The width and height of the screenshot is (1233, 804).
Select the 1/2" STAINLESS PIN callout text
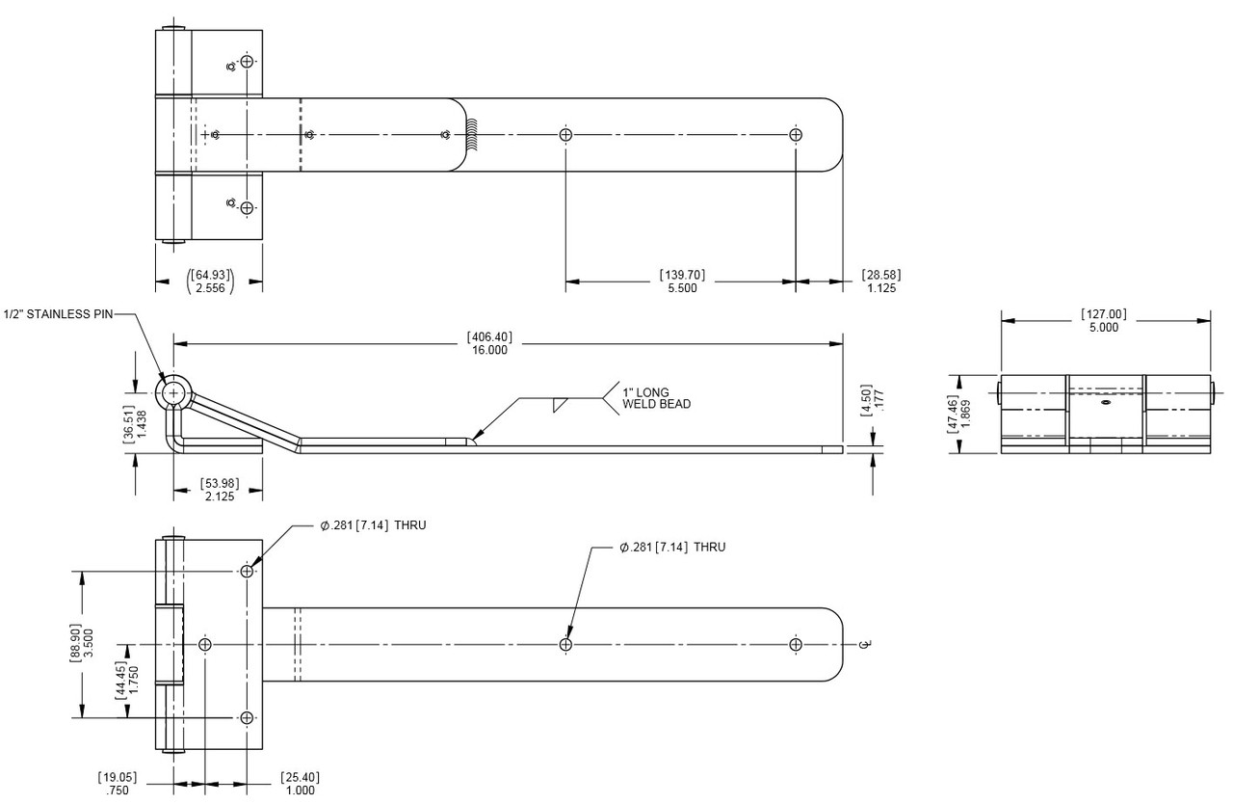(58, 314)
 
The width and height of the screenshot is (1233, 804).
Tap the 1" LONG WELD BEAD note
(656, 398)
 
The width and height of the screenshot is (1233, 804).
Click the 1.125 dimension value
(881, 288)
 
